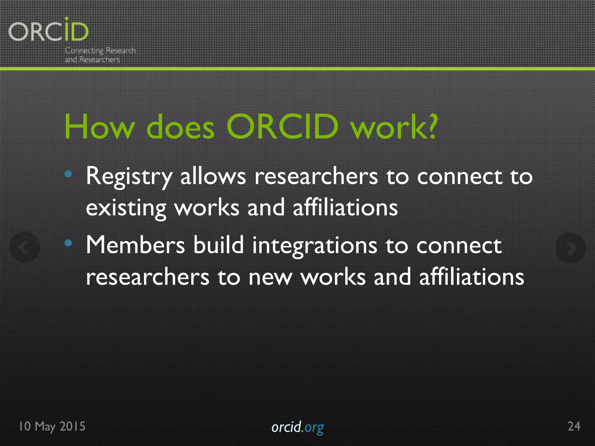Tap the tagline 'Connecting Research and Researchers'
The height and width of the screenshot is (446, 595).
point(100,55)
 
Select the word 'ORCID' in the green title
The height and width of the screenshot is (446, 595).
point(282,127)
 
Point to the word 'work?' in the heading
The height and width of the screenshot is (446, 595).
point(394,127)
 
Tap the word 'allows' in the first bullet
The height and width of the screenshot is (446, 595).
point(213,177)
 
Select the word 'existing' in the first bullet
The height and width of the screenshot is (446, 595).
point(126,208)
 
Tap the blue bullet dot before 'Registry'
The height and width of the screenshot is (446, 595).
point(68,174)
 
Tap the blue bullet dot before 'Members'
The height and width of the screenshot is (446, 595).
point(68,243)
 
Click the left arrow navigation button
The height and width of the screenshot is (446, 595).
point(25,247)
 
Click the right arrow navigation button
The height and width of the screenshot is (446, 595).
point(570,248)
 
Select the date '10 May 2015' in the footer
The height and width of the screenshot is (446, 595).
point(52,426)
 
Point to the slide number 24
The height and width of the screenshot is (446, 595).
point(574,426)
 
